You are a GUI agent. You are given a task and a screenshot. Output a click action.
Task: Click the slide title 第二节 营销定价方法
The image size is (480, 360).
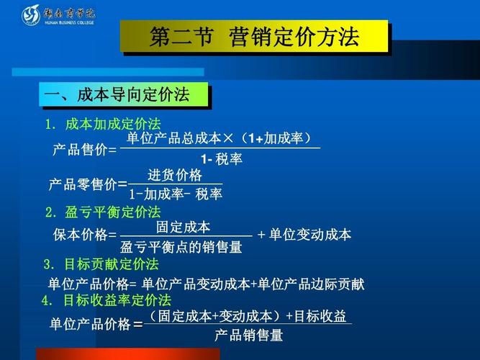coord(254,37)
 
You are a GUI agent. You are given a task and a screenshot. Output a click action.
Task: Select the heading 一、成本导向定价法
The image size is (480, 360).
coord(117,95)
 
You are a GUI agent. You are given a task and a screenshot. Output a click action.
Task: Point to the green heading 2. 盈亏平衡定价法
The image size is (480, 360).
coord(102,212)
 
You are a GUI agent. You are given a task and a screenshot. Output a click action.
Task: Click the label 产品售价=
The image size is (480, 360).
coord(84,150)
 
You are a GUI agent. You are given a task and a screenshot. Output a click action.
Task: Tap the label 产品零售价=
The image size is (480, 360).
coord(87,184)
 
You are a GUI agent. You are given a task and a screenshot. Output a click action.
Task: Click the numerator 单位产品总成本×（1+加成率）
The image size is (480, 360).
coord(219,138)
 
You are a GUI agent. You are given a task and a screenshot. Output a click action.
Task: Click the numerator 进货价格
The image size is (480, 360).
coord(175,176)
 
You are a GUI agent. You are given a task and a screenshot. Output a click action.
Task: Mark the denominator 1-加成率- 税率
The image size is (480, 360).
coord(175,194)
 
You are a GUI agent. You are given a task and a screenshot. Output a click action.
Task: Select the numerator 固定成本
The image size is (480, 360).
coord(184,227)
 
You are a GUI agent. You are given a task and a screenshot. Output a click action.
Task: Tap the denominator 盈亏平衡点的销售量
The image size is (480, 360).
coord(181,248)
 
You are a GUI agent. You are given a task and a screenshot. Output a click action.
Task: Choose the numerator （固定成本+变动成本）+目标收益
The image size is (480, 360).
coord(248,316)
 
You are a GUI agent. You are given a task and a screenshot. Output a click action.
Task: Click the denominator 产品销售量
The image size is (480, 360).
coord(248,336)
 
